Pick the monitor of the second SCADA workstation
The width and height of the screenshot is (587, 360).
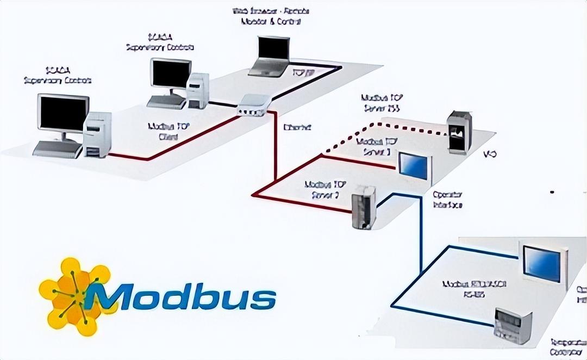pyautogui.click(x=171, y=76)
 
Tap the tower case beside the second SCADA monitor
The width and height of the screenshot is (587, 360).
pyautogui.click(x=197, y=90)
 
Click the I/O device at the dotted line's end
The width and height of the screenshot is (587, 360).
pyautogui.click(x=459, y=132)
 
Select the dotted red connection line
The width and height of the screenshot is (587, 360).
pyautogui.click(x=380, y=126)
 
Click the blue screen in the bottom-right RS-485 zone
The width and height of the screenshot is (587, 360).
pyautogui.click(x=541, y=264)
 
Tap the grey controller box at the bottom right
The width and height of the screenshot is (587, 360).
pyautogui.click(x=512, y=325)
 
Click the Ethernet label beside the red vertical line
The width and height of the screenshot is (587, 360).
pyautogui.click(x=297, y=128)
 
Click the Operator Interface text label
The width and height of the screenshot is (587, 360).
pyautogui.click(x=447, y=200)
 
